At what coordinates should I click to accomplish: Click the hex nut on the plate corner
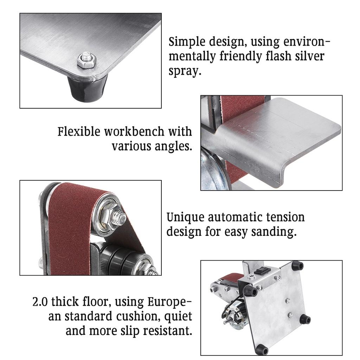click(x=86, y=60)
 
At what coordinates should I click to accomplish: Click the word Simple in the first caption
click(x=187, y=42)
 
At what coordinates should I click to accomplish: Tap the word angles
click(x=173, y=147)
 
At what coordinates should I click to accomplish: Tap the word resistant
click(x=165, y=331)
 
